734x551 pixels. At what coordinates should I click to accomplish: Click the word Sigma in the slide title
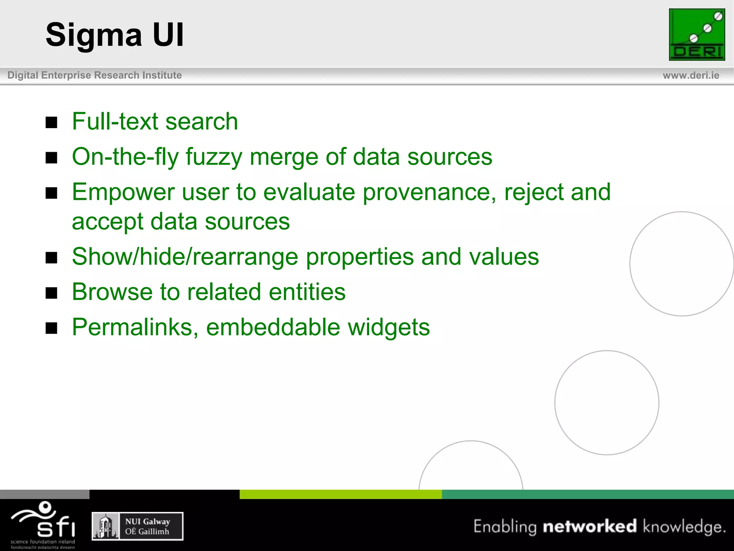pyautogui.click(x=94, y=35)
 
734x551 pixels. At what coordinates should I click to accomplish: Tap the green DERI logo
pyautogui.click(x=697, y=35)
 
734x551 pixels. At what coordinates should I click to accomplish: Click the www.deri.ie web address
pyautogui.click(x=691, y=75)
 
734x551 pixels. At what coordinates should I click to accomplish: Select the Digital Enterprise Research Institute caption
pyautogui.click(x=95, y=75)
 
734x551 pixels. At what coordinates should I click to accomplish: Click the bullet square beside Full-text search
pyautogui.click(x=52, y=122)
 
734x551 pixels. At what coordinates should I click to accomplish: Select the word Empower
pyautogui.click(x=123, y=192)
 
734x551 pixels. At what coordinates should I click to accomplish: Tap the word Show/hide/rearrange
pyautogui.click(x=185, y=257)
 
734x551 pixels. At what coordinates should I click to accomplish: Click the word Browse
pyautogui.click(x=112, y=292)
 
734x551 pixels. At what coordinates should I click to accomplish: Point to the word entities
pyautogui.click(x=307, y=292)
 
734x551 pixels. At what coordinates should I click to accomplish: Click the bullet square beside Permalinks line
pyautogui.click(x=52, y=328)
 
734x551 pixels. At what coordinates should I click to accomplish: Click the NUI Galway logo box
pyautogui.click(x=138, y=526)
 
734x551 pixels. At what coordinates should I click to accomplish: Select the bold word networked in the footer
pyautogui.click(x=590, y=526)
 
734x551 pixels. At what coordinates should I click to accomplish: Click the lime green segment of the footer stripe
pyautogui.click(x=340, y=494)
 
